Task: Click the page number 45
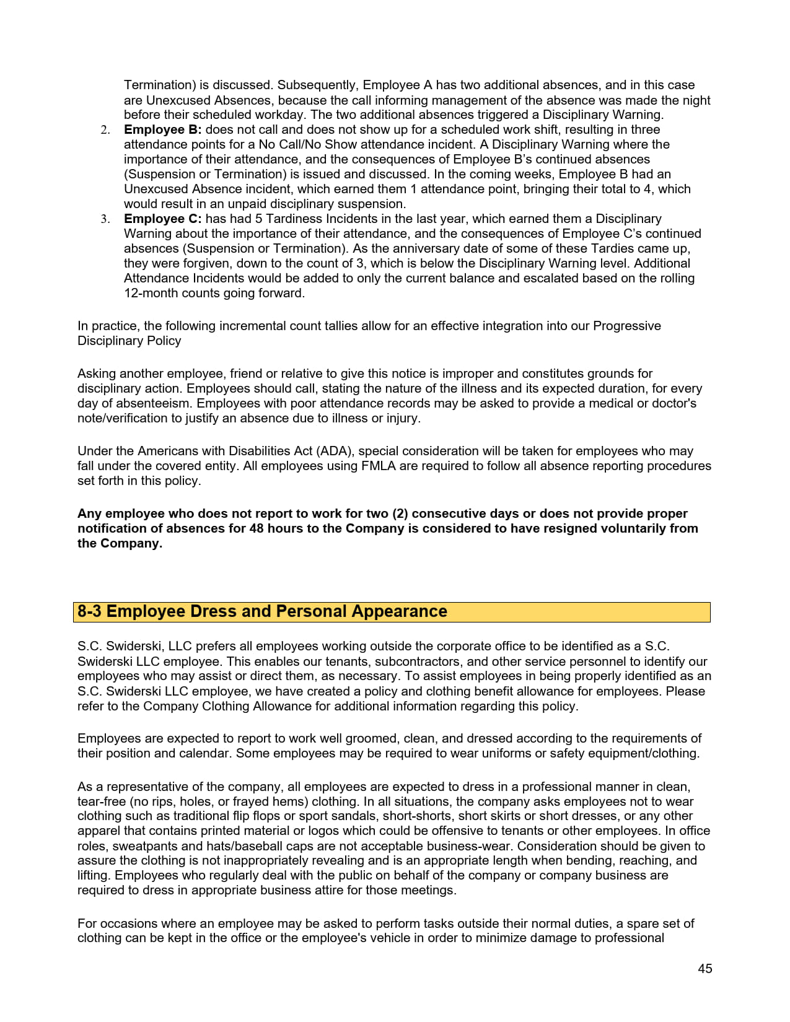(x=704, y=969)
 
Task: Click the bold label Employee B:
(x=162, y=129)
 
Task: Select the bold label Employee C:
(x=162, y=219)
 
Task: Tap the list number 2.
(x=105, y=129)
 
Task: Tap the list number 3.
(x=105, y=219)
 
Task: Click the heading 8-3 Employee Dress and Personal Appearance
(x=262, y=611)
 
